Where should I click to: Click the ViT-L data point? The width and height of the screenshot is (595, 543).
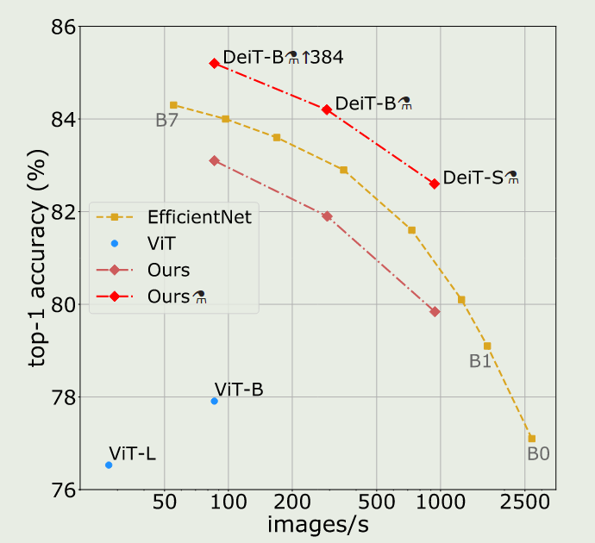tap(109, 465)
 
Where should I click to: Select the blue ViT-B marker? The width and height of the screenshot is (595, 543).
tap(215, 401)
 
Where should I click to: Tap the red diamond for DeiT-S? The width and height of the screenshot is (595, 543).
tap(435, 184)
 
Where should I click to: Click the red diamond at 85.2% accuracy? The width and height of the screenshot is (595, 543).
tap(214, 63)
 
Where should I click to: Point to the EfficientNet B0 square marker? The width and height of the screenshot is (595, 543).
tap(532, 439)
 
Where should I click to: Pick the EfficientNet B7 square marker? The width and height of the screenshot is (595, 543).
tap(173, 104)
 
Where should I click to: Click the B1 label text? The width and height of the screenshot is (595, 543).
tap(479, 362)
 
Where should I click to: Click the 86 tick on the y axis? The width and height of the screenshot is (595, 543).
tap(59, 26)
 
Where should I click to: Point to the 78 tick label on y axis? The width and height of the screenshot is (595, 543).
tap(59, 397)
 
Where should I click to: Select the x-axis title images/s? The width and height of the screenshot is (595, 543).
tap(318, 524)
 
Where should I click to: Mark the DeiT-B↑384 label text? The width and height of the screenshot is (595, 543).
tap(283, 58)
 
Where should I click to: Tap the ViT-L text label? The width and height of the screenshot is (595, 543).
tap(132, 453)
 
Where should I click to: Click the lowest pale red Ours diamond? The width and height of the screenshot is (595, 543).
tap(435, 311)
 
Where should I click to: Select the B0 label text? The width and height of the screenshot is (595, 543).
tap(538, 454)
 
